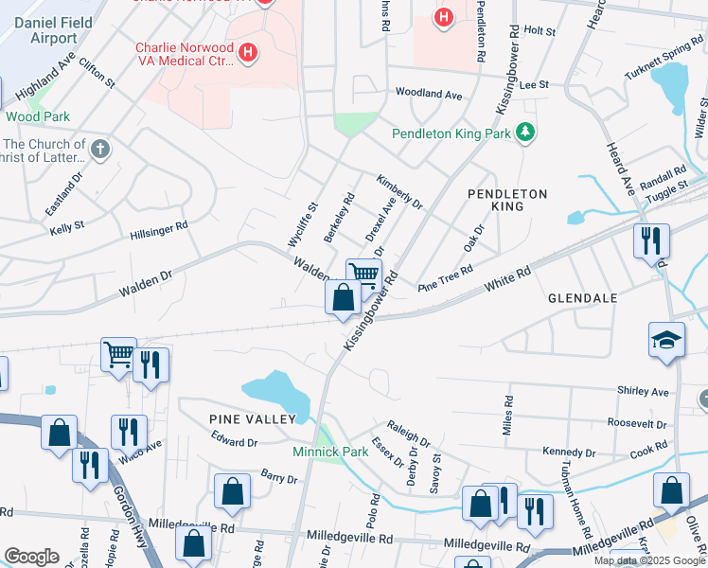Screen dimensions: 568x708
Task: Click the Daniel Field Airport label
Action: pyautogui.click(x=39, y=29)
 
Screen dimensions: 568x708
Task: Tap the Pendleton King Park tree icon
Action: pyautogui.click(x=526, y=133)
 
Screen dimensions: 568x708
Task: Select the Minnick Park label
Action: pyautogui.click(x=329, y=452)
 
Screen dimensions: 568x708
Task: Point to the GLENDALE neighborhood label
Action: pyautogui.click(x=582, y=298)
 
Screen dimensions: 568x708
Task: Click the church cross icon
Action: pyautogui.click(x=100, y=149)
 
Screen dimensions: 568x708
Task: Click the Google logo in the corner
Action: pyautogui.click(x=31, y=556)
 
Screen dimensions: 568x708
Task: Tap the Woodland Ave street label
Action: pyautogui.click(x=429, y=95)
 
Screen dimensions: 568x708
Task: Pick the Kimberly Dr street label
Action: pyautogui.click(x=398, y=190)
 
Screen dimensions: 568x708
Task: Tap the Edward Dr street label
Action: pyautogui.click(x=234, y=442)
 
